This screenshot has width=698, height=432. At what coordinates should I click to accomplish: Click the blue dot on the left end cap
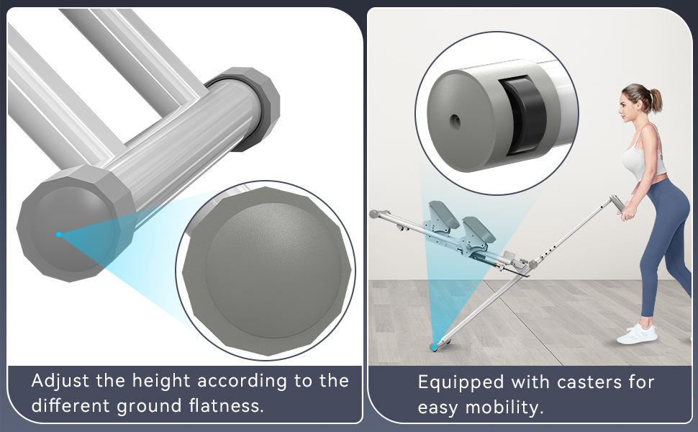59,234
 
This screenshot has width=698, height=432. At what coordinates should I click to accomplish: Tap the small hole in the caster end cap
455,121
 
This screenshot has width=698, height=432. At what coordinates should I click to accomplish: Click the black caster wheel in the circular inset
524,116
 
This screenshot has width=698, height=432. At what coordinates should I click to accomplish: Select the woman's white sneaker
637,333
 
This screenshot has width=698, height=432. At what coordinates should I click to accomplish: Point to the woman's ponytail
654,101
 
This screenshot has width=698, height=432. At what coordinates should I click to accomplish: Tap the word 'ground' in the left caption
149,407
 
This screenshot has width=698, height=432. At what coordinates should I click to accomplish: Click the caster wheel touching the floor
435,346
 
